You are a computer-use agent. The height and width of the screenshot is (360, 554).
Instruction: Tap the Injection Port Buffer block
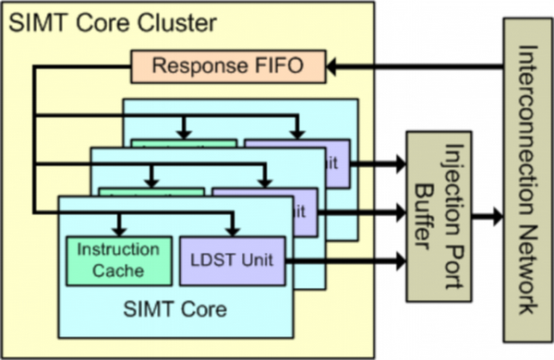click(438, 217)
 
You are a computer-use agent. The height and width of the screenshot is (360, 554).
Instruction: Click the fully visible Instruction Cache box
click(117, 259)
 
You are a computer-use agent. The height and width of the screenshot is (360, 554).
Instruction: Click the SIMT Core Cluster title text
click(114, 20)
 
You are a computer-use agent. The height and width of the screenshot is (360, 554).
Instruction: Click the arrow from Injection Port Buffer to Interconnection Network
click(486, 218)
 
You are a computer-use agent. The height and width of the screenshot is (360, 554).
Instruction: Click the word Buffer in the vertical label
click(428, 218)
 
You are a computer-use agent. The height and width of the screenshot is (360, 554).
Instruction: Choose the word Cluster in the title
click(184, 20)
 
